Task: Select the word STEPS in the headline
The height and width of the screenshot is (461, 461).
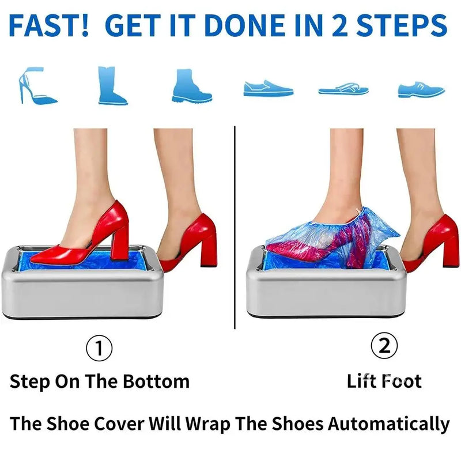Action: [410, 26]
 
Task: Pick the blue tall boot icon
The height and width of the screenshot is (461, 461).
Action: [112, 85]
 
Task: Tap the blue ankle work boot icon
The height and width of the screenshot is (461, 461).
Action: [191, 86]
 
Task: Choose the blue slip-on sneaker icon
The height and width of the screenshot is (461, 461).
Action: [268, 88]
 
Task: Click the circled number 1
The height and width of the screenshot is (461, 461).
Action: [99, 347]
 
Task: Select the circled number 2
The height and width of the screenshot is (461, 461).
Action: [384, 346]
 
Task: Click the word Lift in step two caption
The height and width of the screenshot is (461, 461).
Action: [361, 381]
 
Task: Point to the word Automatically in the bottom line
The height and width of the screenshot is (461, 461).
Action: [389, 424]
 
